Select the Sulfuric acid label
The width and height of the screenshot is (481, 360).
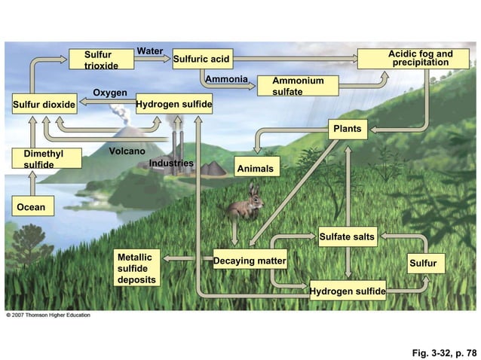(x=201, y=59)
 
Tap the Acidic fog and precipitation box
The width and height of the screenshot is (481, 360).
(x=420, y=58)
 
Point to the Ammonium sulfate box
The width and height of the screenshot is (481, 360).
(x=298, y=86)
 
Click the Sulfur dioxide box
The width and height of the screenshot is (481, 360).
(x=44, y=104)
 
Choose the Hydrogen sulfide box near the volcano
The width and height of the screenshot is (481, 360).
(x=173, y=103)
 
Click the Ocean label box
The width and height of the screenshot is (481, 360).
(x=32, y=207)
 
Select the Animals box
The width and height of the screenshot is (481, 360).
(x=256, y=169)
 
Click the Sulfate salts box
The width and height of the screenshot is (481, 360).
(x=347, y=236)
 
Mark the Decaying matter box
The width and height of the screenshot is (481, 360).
(x=250, y=261)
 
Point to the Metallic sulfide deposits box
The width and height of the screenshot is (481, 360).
(x=137, y=269)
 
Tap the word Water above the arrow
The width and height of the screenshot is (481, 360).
(x=149, y=51)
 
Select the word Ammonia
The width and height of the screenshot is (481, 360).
(x=226, y=79)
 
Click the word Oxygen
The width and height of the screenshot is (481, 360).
(x=109, y=93)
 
